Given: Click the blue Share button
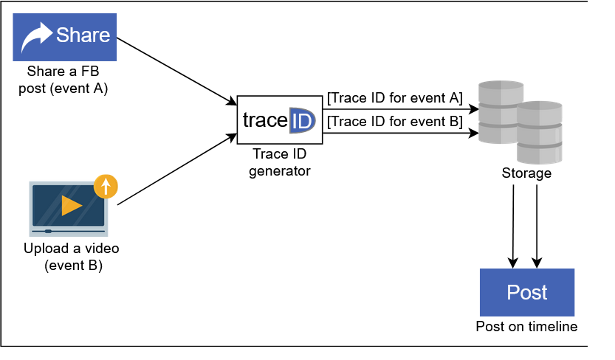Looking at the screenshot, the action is click(x=65, y=37).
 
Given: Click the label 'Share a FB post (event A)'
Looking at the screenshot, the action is click(x=63, y=80).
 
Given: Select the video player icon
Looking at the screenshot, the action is click(x=69, y=209).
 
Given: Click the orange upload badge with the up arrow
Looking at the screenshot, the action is click(x=106, y=186).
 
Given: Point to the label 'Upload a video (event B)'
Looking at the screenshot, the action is click(x=72, y=257).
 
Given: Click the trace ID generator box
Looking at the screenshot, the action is click(x=280, y=120).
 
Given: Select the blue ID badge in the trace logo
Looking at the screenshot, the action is click(x=302, y=120).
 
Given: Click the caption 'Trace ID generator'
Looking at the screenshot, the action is click(x=280, y=162).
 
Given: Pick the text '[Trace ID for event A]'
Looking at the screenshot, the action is click(x=395, y=98).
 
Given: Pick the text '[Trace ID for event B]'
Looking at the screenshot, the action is click(x=395, y=122).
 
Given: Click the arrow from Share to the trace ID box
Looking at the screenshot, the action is click(x=177, y=72).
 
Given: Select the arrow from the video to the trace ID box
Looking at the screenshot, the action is click(x=177, y=169).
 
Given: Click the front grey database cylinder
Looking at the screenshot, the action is click(x=539, y=132).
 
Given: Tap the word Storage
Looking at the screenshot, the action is click(x=526, y=173).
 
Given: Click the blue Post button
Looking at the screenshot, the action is click(x=527, y=292).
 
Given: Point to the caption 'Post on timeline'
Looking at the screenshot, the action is click(x=526, y=326).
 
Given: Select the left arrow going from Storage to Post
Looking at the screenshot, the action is click(x=513, y=226).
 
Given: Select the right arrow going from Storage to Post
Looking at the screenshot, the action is click(x=537, y=226).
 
